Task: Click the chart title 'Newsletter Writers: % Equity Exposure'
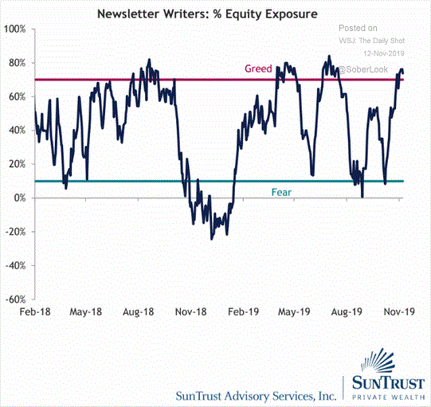click(x=207, y=14)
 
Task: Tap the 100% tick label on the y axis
click(x=15, y=29)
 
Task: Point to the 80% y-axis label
click(x=17, y=63)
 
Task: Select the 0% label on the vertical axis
click(x=19, y=198)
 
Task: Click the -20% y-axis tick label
click(x=16, y=232)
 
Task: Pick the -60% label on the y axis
click(x=16, y=299)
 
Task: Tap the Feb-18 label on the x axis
click(x=35, y=312)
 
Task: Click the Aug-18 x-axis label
click(x=139, y=312)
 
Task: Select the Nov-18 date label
click(x=190, y=312)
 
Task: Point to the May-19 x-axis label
click(x=294, y=312)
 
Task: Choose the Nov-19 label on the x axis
click(x=399, y=312)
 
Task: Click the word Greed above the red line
click(x=258, y=68)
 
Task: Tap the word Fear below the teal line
click(x=281, y=192)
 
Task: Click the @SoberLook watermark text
click(x=362, y=69)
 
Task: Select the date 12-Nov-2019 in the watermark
click(x=384, y=53)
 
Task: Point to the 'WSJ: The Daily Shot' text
click(x=372, y=41)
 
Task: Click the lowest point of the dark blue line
click(x=211, y=239)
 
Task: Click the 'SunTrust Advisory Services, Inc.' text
click(x=257, y=396)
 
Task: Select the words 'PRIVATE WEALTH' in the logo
click(x=389, y=397)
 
